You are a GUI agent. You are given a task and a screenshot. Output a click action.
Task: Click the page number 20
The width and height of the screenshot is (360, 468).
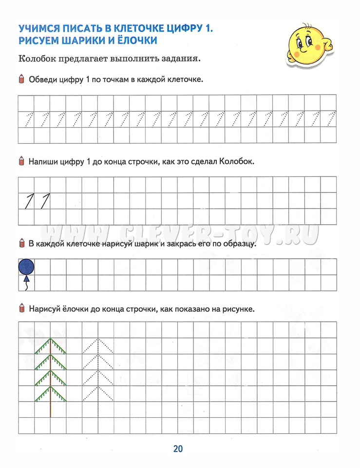pos(178,449)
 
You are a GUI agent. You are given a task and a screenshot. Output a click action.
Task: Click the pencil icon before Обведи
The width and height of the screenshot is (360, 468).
pos(21,79)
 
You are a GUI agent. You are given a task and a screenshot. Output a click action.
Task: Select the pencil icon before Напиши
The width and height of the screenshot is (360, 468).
pos(21,161)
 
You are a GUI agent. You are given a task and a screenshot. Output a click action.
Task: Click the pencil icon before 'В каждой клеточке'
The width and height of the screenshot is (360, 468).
pos(21,243)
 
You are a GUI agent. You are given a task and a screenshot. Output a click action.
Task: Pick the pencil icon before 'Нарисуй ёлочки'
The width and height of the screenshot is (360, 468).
pos(21,309)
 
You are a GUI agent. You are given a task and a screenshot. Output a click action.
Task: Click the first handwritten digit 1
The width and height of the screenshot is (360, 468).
pos(29,200)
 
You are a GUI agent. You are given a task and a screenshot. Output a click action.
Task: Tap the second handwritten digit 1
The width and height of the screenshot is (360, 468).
pos(45,200)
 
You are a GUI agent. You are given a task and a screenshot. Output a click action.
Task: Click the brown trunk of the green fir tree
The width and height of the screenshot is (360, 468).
pos(50,409)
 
